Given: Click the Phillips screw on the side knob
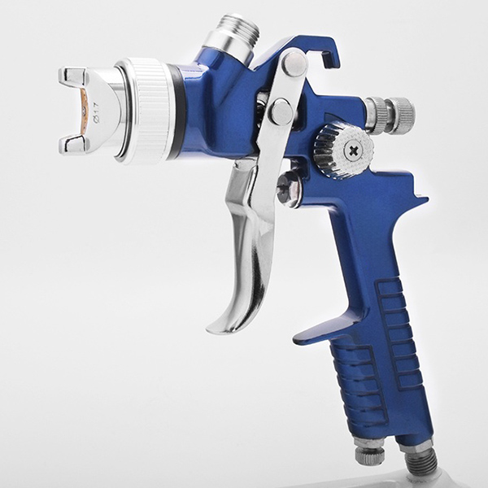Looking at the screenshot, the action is pyautogui.click(x=354, y=151).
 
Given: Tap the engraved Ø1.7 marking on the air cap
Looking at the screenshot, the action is pyautogui.click(x=96, y=115).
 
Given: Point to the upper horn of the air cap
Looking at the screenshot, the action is pyautogui.click(x=72, y=78).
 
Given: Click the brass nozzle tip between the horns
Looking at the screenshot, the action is pyautogui.click(x=84, y=111).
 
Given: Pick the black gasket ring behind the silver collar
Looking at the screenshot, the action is pyautogui.click(x=178, y=111).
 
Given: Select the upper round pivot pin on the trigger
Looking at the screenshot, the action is pyautogui.click(x=294, y=63).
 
